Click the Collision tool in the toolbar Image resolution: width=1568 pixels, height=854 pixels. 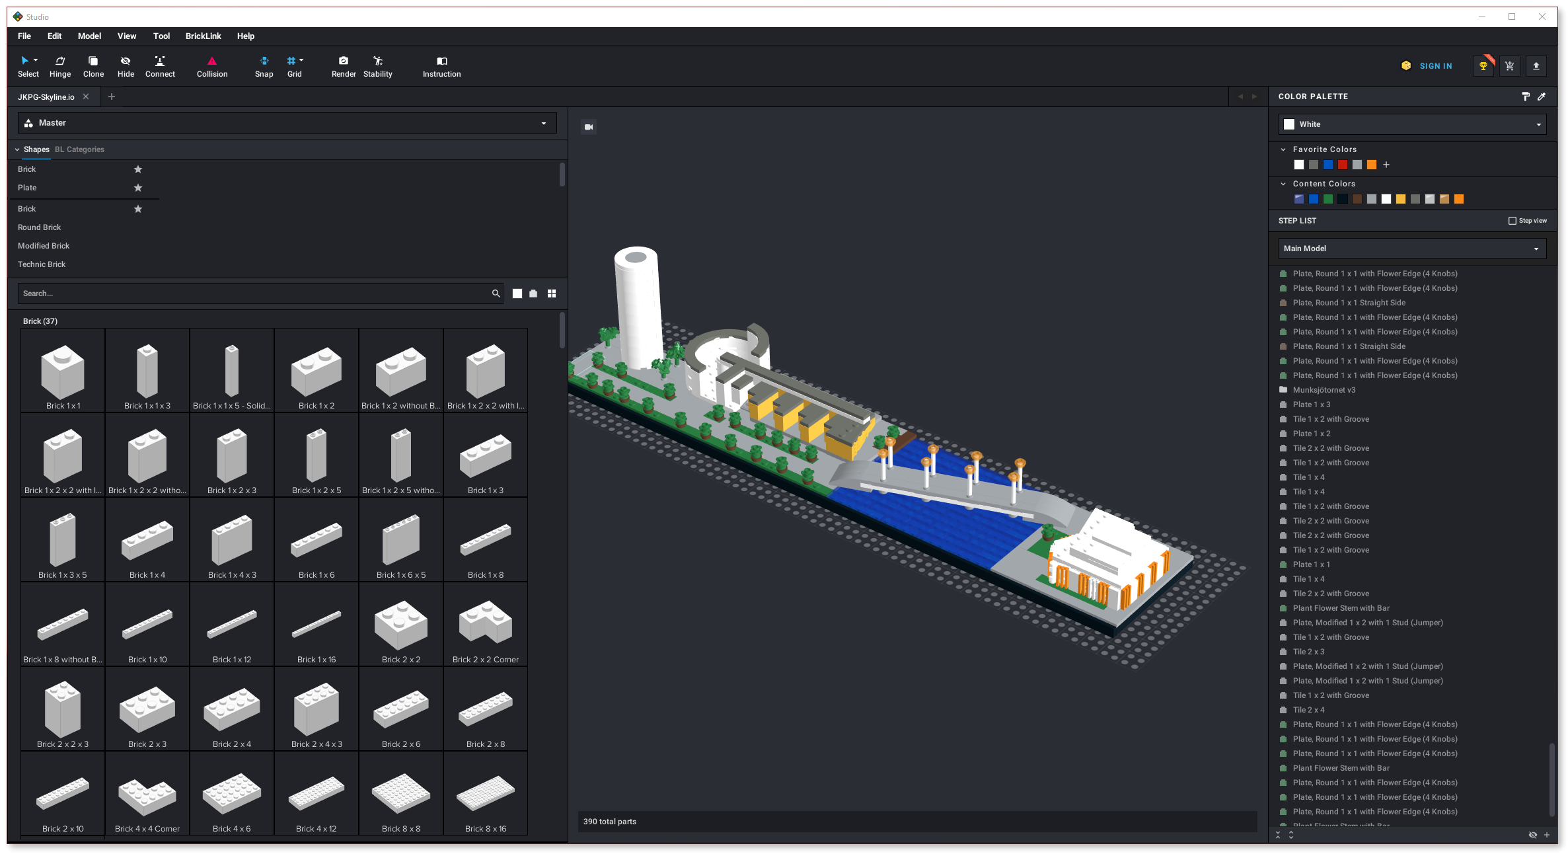point(211,67)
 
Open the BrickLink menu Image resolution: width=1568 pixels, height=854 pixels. point(203,36)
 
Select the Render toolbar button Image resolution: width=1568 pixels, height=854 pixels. point(344,67)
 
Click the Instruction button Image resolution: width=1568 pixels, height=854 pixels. point(441,67)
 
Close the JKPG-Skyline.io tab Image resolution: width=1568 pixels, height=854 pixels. point(86,97)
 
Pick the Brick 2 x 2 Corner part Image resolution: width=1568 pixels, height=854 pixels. point(486,625)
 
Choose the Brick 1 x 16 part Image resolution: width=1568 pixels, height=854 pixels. point(317,625)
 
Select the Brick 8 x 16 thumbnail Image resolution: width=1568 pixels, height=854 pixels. point(486,794)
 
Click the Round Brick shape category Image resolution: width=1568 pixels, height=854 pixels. point(39,227)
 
